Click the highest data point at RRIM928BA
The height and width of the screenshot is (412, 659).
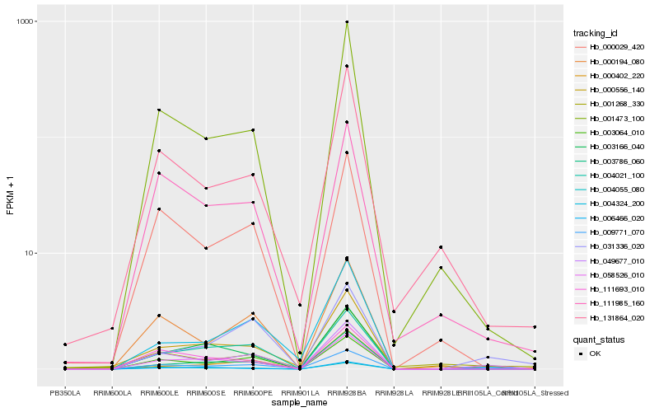coord(347,22)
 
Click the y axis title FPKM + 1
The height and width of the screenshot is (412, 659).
coord(11,196)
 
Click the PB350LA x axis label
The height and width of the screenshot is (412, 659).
coord(64,392)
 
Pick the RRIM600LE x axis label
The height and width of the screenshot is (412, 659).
coord(158,392)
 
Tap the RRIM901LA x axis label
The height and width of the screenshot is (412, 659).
coord(300,392)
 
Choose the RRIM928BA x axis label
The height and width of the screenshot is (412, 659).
coord(347,392)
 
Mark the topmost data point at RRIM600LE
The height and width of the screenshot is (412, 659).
coord(158,110)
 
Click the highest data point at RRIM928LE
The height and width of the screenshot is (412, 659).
coord(442,247)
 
